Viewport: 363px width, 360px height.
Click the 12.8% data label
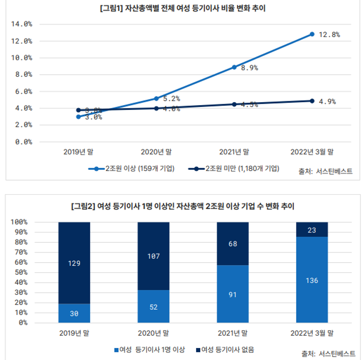(x=329, y=34)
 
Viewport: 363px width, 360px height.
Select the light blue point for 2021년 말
(x=234, y=67)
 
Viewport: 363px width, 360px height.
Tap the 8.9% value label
(x=249, y=68)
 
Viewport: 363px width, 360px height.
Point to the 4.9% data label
(x=327, y=101)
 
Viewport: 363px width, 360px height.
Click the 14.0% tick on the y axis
(x=21, y=24)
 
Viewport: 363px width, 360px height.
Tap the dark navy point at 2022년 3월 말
(x=312, y=101)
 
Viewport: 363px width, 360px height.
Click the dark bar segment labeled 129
(x=74, y=263)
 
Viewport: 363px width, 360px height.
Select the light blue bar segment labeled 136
(x=312, y=280)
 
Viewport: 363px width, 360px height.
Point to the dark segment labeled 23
(x=312, y=230)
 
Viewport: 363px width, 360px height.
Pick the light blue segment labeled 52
(x=153, y=307)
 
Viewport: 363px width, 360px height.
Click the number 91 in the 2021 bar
(x=233, y=294)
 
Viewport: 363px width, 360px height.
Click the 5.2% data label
(x=172, y=99)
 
